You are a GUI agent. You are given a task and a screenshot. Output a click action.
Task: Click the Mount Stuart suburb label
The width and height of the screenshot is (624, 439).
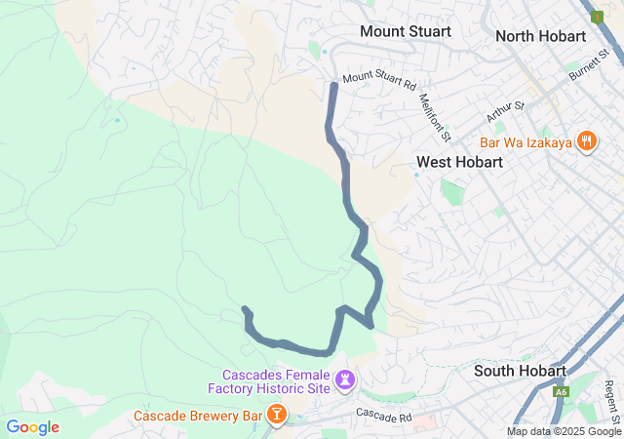405,31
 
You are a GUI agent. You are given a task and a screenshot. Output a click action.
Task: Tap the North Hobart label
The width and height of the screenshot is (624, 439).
540,36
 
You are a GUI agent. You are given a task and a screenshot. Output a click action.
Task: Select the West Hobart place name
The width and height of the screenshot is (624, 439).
459,162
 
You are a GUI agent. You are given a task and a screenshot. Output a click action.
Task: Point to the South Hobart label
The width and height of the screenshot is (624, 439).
520,371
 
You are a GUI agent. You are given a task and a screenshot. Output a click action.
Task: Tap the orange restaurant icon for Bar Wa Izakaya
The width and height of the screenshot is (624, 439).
586,140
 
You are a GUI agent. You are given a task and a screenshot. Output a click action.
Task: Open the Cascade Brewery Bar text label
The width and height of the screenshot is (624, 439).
199,417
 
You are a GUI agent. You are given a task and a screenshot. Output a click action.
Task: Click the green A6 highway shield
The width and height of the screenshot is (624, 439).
561,392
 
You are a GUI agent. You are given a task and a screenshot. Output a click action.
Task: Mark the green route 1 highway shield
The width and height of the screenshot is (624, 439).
596,17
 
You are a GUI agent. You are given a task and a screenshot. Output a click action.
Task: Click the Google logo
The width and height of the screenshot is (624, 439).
32,427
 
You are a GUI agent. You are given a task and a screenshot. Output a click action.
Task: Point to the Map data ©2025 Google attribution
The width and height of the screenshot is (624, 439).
564,432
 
